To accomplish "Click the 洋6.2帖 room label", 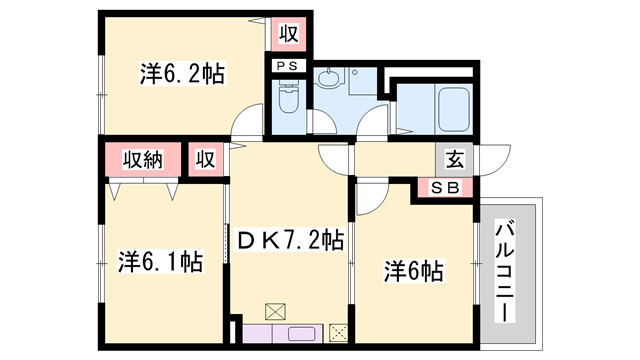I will pyautogui.click(x=181, y=73).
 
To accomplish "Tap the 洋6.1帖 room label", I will pyautogui.click(x=161, y=262).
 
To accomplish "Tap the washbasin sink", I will pyautogui.click(x=329, y=79).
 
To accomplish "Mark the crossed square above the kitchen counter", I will pyautogui.click(x=275, y=310).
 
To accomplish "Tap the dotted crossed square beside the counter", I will pyautogui.click(x=338, y=334).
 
